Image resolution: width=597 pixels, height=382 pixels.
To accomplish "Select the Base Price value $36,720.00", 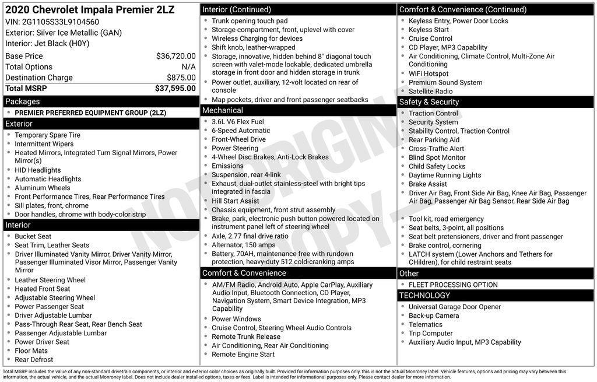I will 175,57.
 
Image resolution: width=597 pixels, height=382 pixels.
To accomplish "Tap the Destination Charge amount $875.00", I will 181,78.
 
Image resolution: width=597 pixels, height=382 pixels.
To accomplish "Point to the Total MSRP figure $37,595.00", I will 175,89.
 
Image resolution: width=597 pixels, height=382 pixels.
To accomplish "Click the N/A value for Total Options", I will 188,67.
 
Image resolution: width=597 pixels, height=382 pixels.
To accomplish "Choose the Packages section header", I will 23,101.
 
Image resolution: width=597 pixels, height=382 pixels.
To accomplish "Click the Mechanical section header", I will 223,110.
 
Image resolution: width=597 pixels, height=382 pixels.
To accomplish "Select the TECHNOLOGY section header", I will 425,296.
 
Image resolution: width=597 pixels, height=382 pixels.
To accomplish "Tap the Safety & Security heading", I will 429,102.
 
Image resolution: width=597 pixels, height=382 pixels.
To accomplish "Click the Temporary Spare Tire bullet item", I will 47,135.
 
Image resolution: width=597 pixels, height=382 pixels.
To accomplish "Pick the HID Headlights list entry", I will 38,170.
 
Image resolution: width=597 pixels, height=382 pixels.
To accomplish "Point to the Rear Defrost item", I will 34,360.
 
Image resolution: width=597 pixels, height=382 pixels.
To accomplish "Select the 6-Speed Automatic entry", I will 241,131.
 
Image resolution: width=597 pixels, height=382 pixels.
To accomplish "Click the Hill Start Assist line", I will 236,201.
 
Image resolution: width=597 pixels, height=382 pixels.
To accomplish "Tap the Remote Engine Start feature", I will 243,355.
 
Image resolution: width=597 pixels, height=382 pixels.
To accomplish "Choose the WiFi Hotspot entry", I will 429,74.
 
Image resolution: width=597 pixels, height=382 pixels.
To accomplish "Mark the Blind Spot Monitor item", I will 437,157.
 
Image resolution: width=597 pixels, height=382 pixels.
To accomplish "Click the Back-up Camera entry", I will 434,316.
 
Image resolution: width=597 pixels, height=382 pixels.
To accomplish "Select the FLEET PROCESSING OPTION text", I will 453,285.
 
